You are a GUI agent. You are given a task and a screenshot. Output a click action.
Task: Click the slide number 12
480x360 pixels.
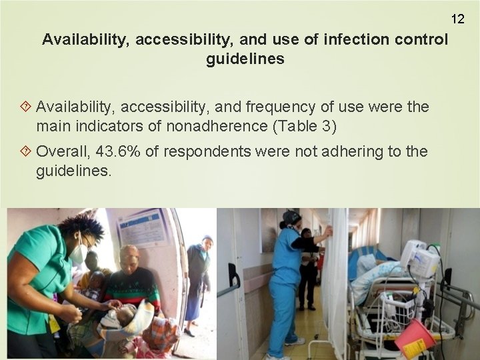pos(457,19)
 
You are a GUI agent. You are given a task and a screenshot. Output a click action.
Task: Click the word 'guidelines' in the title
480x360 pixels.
pos(245,59)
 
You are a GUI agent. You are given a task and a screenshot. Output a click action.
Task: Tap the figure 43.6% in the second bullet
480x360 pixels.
pos(118,152)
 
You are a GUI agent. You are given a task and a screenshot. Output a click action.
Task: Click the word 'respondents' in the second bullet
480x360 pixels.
pos(206,152)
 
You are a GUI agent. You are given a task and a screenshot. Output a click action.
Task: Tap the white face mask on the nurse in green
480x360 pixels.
pos(79,253)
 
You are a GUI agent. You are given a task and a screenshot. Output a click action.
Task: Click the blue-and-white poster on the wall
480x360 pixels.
pos(143,229)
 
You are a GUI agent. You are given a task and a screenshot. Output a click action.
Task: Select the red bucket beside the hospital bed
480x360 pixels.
pos(414,338)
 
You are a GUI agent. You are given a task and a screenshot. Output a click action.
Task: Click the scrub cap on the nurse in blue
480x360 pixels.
pos(291,217)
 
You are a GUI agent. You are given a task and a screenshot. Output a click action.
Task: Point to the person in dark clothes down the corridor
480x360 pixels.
pos(307,267)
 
